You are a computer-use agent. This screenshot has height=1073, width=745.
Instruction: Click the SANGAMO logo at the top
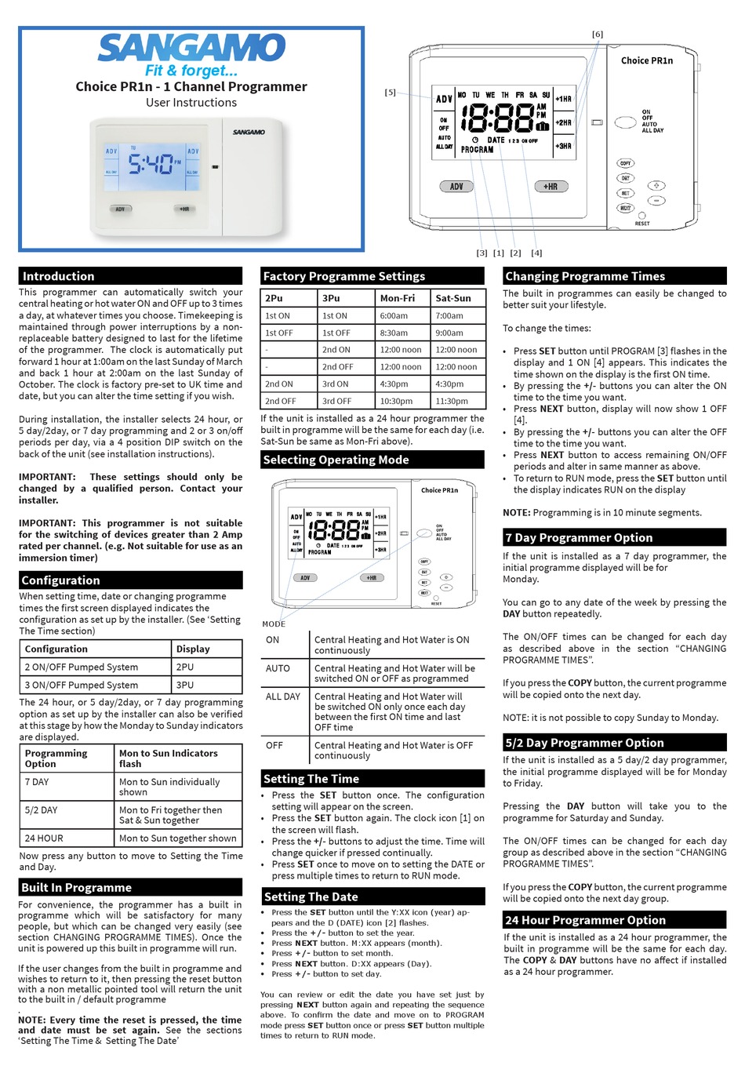(191, 48)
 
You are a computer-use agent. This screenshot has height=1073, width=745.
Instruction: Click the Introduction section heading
(58, 276)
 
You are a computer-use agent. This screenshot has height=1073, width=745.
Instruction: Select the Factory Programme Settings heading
(343, 276)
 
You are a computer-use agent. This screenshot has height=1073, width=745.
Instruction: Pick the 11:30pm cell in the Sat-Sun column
(452, 401)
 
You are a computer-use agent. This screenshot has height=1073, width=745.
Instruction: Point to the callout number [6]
(598, 35)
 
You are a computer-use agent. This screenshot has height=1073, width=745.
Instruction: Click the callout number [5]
(390, 93)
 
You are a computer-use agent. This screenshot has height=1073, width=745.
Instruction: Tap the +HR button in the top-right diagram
(550, 187)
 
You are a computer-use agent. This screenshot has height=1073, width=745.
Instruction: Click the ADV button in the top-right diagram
(456, 187)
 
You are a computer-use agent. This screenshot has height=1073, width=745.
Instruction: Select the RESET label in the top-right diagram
(642, 224)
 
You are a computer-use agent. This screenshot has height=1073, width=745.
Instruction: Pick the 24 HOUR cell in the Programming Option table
(44, 838)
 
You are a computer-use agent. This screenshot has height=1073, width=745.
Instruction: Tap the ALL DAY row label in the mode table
(283, 697)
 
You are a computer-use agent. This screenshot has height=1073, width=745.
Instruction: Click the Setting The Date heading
(311, 897)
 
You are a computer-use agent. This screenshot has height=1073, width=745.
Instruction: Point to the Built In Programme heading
(76, 887)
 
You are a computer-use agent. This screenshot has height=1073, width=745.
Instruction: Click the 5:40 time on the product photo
(150, 165)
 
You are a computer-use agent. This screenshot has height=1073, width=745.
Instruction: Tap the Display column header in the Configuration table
(193, 649)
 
